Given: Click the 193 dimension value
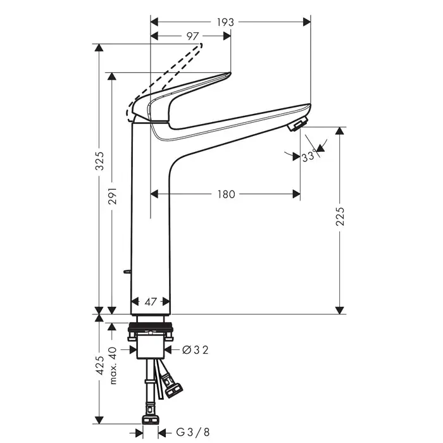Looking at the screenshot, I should [x=225, y=22].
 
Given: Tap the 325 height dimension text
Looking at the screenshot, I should [x=99, y=165].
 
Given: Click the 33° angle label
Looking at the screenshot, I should [x=309, y=157].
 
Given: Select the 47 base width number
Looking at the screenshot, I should [x=150, y=303].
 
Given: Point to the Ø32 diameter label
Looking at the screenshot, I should [x=194, y=349].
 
